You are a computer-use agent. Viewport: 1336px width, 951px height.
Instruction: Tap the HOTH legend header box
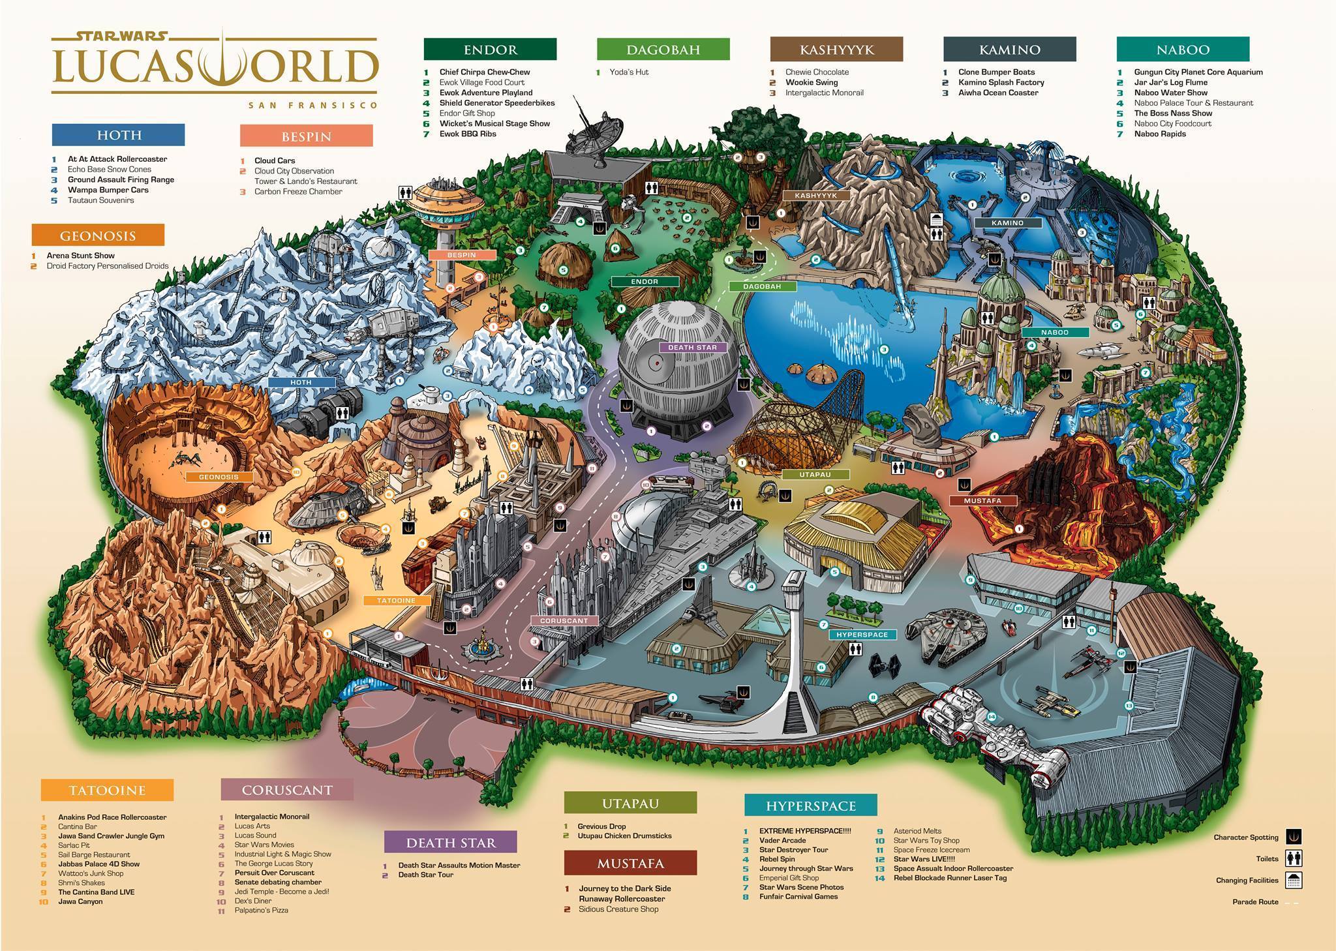118,135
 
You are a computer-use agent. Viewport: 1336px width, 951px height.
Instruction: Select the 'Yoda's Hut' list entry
628,72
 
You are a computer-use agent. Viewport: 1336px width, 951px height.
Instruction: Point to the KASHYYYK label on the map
815,196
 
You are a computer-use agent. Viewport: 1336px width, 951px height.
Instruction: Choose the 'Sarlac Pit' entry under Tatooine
74,845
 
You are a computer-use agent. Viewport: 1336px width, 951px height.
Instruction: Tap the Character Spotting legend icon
1294,837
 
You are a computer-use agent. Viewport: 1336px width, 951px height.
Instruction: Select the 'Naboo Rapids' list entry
1160,134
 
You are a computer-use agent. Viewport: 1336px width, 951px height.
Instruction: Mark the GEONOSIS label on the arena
219,477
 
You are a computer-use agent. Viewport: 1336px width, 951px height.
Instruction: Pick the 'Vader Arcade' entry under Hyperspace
782,841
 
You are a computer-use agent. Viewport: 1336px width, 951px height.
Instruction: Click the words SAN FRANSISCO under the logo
312,105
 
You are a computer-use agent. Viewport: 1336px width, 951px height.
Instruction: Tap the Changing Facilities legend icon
1294,880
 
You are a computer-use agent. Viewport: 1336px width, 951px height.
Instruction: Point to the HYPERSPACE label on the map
862,635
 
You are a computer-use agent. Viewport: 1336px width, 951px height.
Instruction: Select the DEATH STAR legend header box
450,842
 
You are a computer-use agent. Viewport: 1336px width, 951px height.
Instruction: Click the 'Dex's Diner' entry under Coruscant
252,901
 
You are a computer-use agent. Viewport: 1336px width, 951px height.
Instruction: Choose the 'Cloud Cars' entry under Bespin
275,160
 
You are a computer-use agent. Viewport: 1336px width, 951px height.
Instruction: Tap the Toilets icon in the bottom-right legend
1294,858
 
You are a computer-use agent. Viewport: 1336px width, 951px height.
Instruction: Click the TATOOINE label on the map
396,600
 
